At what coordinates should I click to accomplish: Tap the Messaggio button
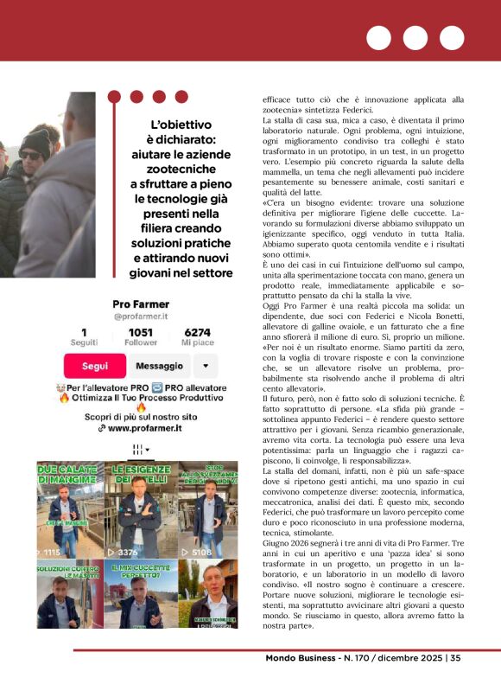click(x=160, y=366)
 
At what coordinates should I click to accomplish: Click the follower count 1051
click(x=141, y=332)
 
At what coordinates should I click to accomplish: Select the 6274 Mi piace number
click(x=197, y=332)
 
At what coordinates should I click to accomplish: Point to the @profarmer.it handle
click(x=141, y=317)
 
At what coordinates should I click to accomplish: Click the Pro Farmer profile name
click(x=141, y=304)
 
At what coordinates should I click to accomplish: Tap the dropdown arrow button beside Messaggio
click(x=207, y=366)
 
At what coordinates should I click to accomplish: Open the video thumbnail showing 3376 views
click(x=139, y=509)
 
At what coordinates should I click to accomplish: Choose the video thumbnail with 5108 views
click(x=207, y=509)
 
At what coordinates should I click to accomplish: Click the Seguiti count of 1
click(x=84, y=332)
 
